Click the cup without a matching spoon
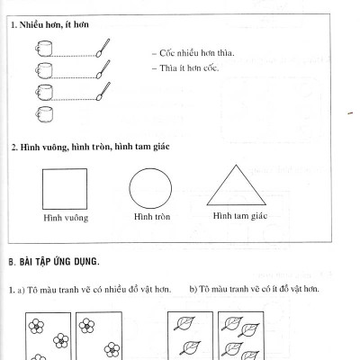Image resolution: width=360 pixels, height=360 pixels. [x=44, y=114]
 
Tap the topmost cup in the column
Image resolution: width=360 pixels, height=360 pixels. [x=44, y=48]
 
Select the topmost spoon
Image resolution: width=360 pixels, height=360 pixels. [x=103, y=48]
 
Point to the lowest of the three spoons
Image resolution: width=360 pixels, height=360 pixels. [x=103, y=91]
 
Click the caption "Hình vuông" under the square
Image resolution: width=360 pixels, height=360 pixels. [x=66, y=218]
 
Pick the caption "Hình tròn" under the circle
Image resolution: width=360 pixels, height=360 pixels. [x=152, y=217]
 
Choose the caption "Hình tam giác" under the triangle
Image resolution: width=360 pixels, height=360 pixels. [x=240, y=216]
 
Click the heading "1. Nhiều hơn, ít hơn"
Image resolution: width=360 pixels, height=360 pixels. [x=49, y=24]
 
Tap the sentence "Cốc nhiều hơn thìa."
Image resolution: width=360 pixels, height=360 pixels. [x=193, y=53]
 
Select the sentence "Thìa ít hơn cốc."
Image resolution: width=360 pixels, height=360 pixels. [x=185, y=68]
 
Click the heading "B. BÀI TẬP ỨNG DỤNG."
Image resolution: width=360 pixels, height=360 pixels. [x=54, y=262]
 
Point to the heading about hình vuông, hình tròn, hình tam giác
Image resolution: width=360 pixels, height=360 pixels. [x=90, y=147]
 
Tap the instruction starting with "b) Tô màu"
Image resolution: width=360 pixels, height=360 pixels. [x=254, y=289]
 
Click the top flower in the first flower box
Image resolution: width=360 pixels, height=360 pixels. [x=36, y=326]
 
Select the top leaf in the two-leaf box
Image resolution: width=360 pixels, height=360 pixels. [x=184, y=323]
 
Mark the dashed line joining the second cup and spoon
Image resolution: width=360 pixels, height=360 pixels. [x=74, y=77]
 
